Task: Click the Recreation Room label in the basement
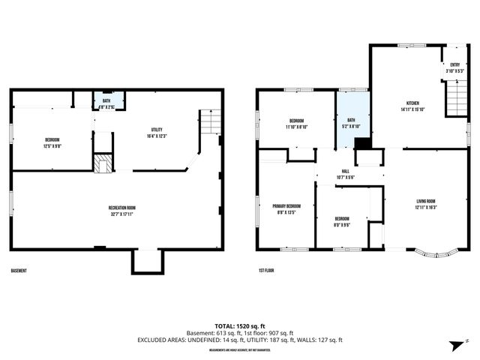pyautogui.click(x=120, y=209)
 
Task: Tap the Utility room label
pyautogui.click(x=156, y=132)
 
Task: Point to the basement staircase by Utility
pyautogui.click(x=210, y=121)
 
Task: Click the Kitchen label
pyautogui.click(x=412, y=106)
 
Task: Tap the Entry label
pyautogui.click(x=454, y=68)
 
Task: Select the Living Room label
pyautogui.click(x=425, y=203)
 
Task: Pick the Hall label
pyautogui.click(x=345, y=173)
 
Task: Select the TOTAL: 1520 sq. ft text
pyautogui.click(x=240, y=325)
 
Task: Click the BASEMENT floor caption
pyautogui.click(x=19, y=270)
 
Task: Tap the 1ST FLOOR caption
pyautogui.click(x=267, y=270)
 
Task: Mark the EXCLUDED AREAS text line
pyautogui.click(x=240, y=339)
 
